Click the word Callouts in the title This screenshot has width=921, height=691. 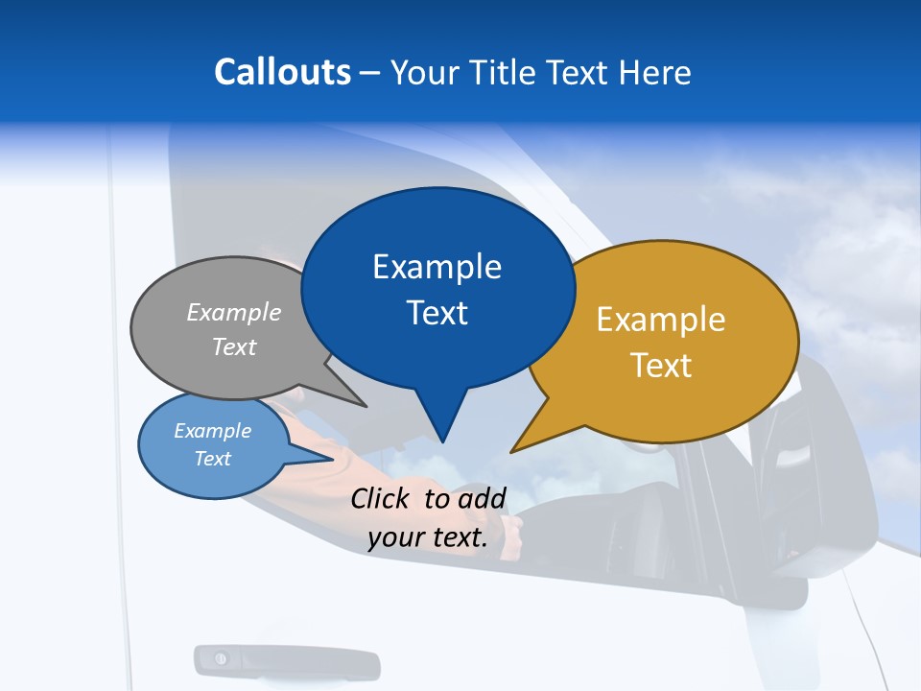coord(282,72)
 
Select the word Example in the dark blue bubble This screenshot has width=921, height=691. coord(437,266)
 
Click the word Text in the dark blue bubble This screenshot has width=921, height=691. coord(437,313)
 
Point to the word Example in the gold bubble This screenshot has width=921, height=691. coord(661,319)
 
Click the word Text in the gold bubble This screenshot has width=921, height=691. coord(661,366)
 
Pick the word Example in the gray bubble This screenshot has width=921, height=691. coord(234,312)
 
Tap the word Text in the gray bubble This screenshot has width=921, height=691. coord(234,346)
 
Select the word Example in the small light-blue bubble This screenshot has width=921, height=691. coord(213,431)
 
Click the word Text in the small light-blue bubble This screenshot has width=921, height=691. coord(213,459)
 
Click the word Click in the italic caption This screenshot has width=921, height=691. coord(381,498)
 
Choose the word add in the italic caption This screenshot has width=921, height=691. coord(482,498)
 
